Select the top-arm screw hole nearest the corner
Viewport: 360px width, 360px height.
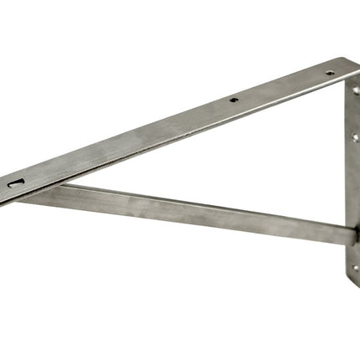[329, 73]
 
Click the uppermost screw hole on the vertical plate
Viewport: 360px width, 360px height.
[355, 90]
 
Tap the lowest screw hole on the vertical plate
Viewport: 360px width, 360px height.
[355, 269]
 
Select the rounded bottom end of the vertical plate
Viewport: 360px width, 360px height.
[352, 285]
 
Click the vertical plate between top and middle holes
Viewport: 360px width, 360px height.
[354, 112]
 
